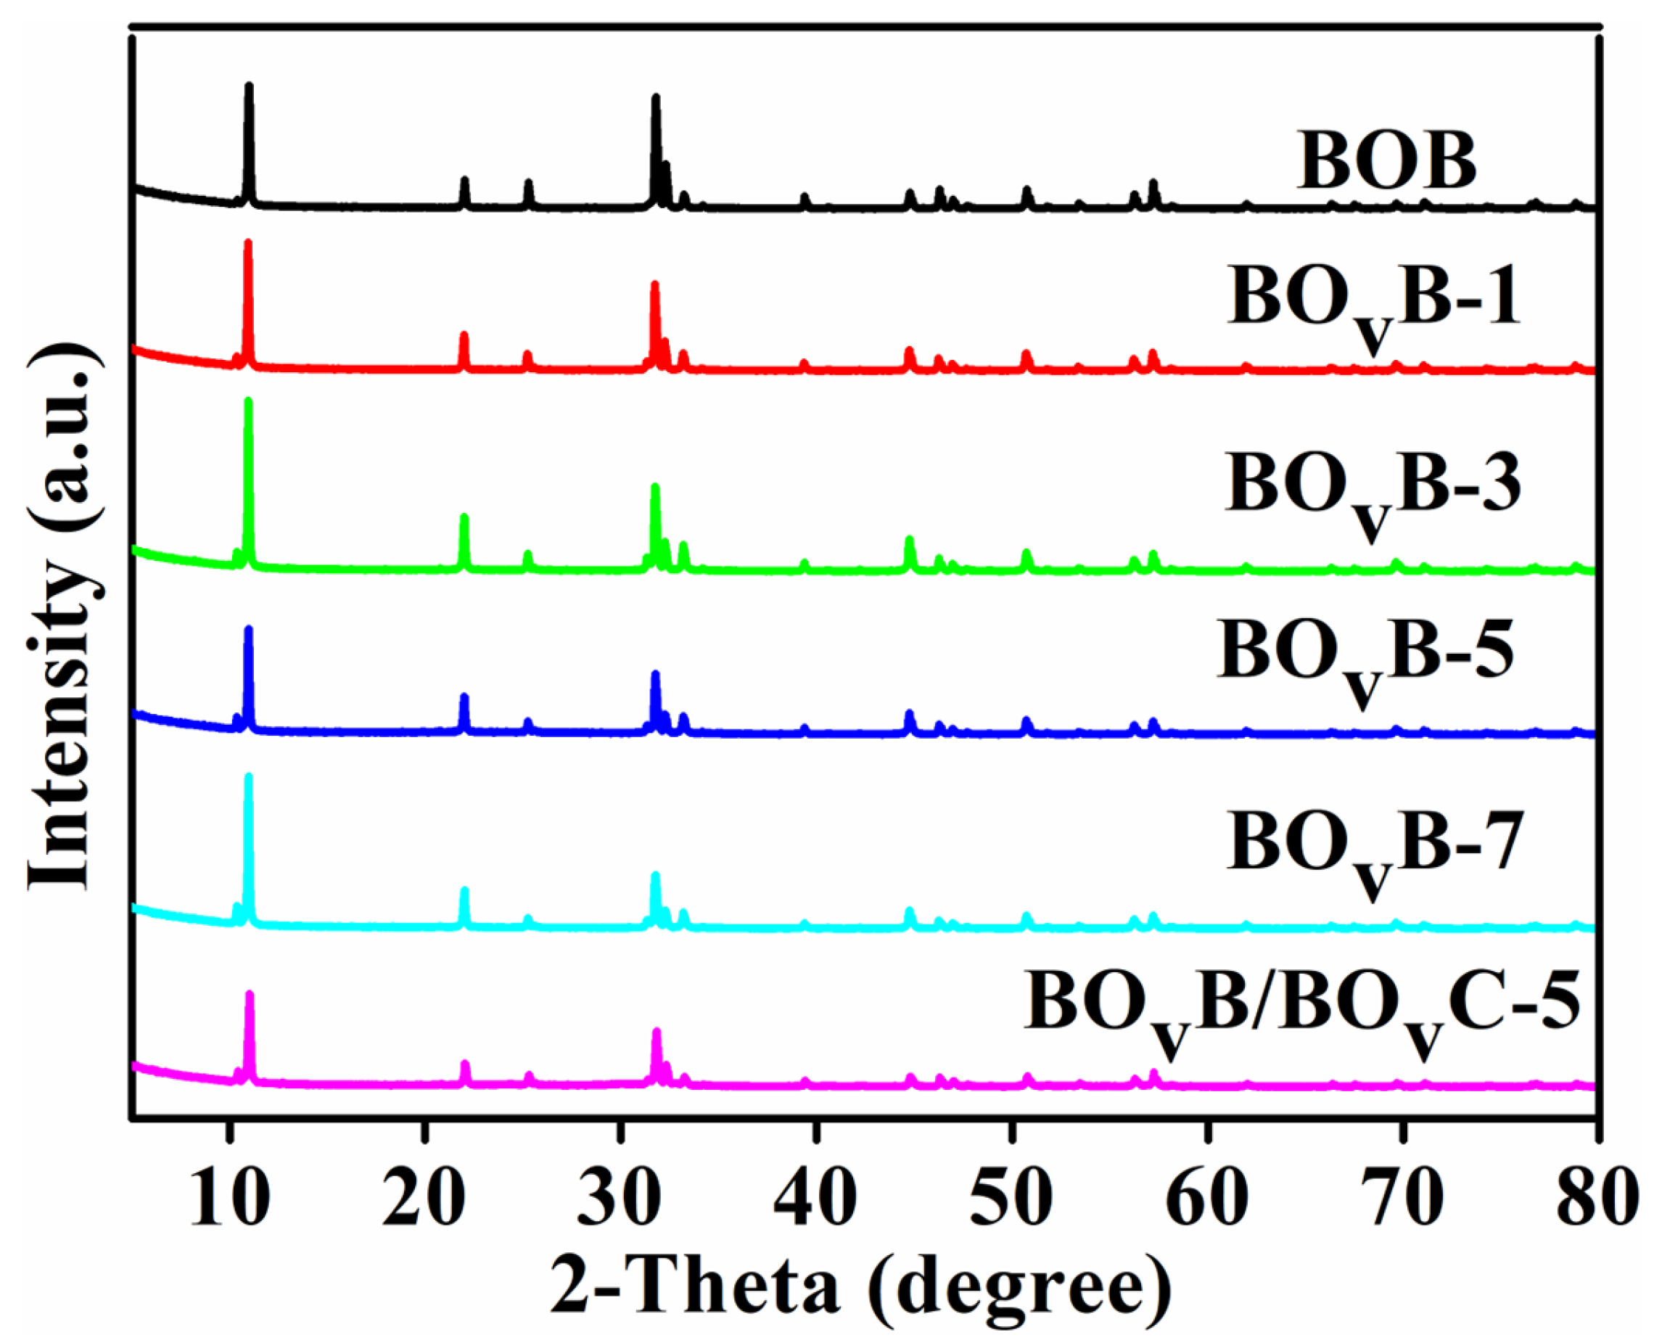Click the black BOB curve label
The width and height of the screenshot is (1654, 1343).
[1386, 161]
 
